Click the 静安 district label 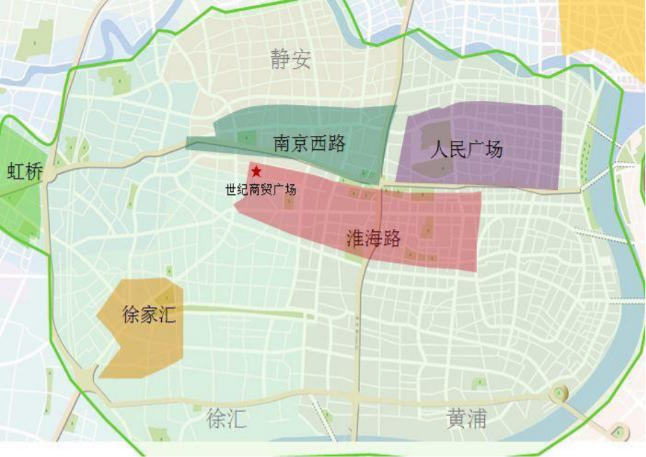click(290, 60)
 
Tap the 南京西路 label click(309, 144)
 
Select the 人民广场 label click(467, 149)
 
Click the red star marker click(256, 171)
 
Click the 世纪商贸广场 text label click(261, 189)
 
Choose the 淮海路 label click(373, 238)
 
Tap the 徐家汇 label click(149, 314)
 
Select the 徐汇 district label click(226, 419)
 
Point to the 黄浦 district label click(466, 419)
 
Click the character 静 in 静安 click(280, 60)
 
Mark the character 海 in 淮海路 click(373, 238)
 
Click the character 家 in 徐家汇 click(149, 314)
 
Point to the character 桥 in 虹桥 click(34, 172)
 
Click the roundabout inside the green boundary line click(558, 393)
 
